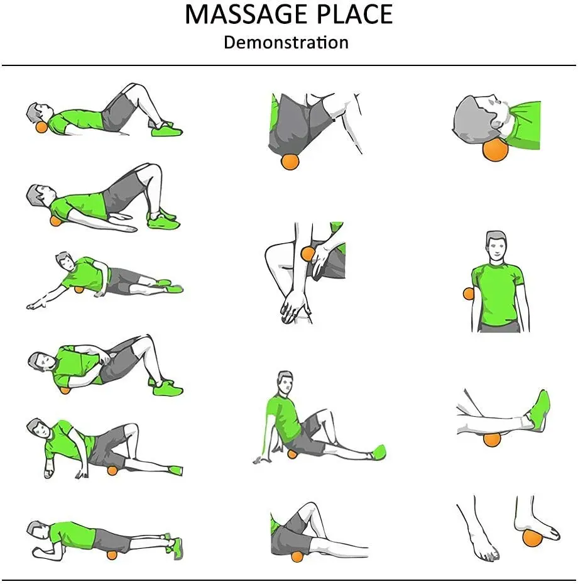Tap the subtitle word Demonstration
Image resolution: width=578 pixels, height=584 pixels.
pyautogui.click(x=286, y=43)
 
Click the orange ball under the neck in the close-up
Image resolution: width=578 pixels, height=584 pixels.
pyautogui.click(x=495, y=150)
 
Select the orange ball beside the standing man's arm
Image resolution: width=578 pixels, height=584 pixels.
pyautogui.click(x=469, y=294)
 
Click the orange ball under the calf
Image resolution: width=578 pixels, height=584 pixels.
pyautogui.click(x=491, y=438)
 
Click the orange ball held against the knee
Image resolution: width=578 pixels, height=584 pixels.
pyautogui.click(x=308, y=254)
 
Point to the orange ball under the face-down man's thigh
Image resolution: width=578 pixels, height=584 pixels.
pyautogui.click(x=112, y=554)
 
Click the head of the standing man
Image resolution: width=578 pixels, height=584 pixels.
pyautogui.click(x=496, y=246)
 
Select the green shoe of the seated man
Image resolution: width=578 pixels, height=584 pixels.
pyautogui.click(x=378, y=451)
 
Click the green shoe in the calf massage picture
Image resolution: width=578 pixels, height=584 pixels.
pyautogui.click(x=540, y=410)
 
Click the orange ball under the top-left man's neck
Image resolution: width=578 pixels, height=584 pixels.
pyautogui.click(x=41, y=128)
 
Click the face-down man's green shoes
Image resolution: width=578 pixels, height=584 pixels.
pyautogui.click(x=175, y=548)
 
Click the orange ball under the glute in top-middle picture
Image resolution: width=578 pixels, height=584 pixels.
pyautogui.click(x=290, y=162)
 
